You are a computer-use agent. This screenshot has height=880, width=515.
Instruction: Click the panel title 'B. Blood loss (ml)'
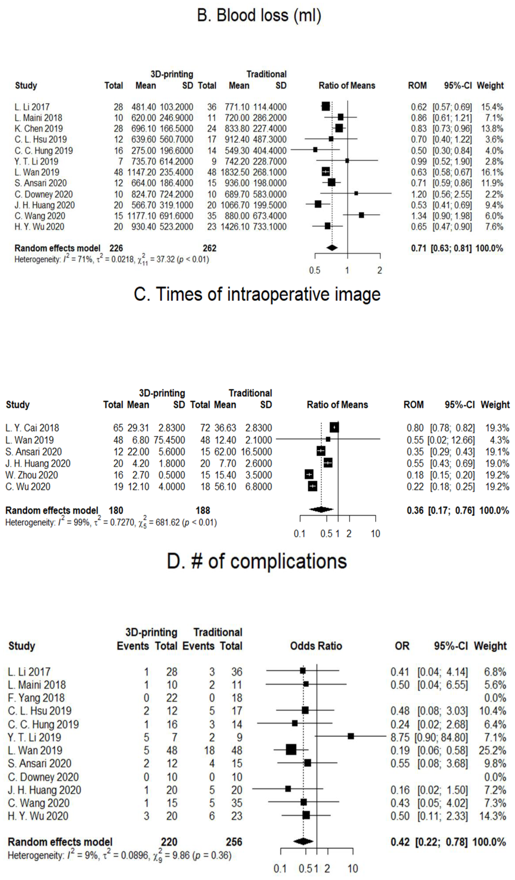pos(259,15)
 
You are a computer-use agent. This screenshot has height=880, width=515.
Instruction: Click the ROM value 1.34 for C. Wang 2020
pos(419,216)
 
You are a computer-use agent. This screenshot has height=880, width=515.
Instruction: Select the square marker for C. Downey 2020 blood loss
pos(356,193)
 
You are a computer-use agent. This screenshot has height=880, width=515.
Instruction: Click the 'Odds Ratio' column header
pos(316,646)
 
